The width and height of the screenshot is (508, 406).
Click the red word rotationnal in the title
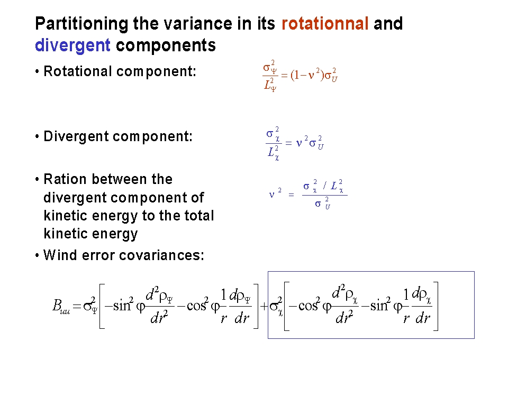click(x=325, y=24)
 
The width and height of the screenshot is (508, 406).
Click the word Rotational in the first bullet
click(x=78, y=71)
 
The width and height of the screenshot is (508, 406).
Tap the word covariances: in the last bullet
click(x=162, y=255)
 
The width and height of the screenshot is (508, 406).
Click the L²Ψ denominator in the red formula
click(x=270, y=85)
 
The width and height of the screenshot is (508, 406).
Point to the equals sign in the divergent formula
click(x=289, y=143)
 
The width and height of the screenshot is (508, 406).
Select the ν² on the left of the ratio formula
click(x=275, y=193)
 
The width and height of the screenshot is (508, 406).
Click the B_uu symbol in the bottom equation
click(x=61, y=306)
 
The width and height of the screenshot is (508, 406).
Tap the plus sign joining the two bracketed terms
click(x=265, y=306)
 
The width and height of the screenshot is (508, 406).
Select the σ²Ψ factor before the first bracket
click(x=90, y=305)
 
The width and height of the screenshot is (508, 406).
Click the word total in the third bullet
click(x=199, y=215)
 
